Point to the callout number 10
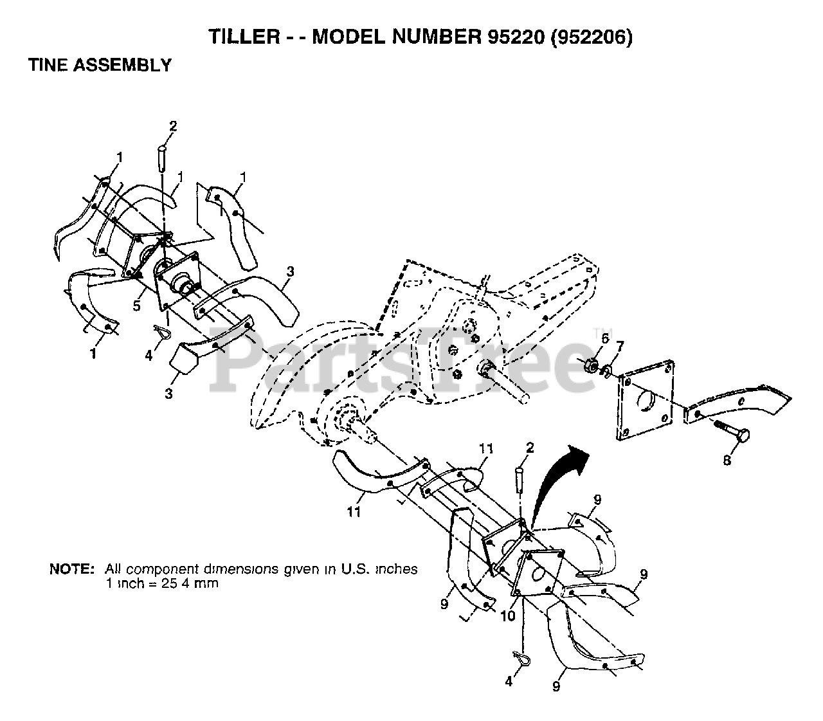pos(508,615)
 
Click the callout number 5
pos(136,306)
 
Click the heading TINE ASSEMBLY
pos(100,65)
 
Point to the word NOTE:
pos(72,569)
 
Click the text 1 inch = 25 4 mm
pos(162,584)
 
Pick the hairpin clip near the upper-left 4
pos(164,333)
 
